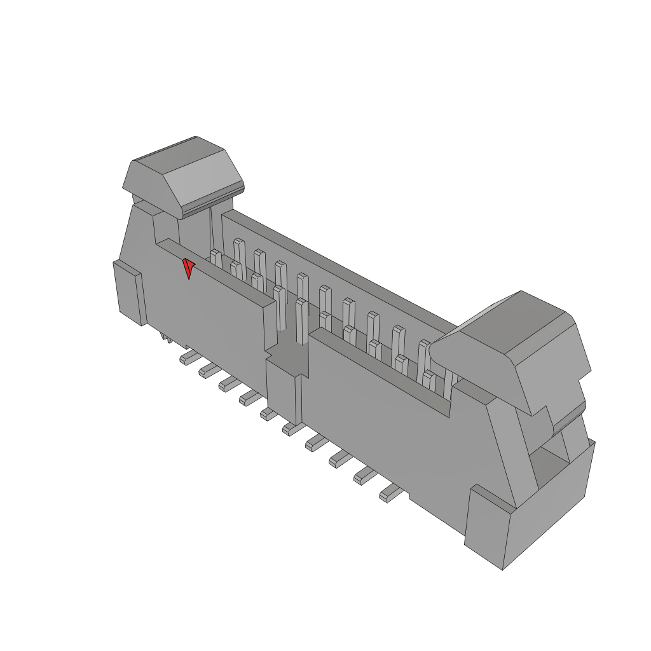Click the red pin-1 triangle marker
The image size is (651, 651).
coord(188,268)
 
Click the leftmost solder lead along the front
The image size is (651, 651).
coord(188,357)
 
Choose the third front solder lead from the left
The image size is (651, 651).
coord(229,383)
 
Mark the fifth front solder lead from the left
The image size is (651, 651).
coord(269,413)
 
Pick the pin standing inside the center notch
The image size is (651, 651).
coord(302,318)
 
